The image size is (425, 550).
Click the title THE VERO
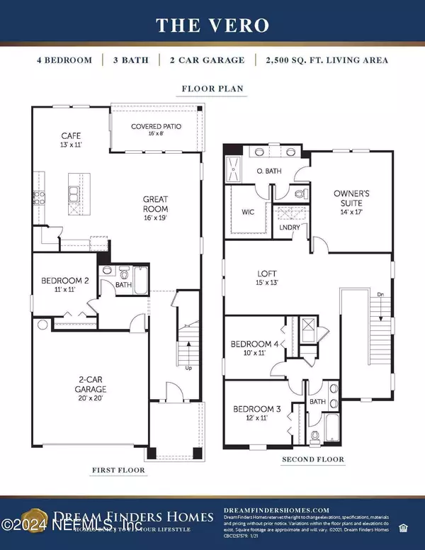tap(212, 26)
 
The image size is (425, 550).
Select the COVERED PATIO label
tap(156, 127)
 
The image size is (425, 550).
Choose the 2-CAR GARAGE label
tap(91, 385)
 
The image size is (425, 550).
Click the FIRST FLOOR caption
tap(119, 470)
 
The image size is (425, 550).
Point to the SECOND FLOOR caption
tap(312, 459)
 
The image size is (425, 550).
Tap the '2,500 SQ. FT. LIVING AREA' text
tap(332, 60)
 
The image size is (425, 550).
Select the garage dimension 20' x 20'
tap(91, 399)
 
